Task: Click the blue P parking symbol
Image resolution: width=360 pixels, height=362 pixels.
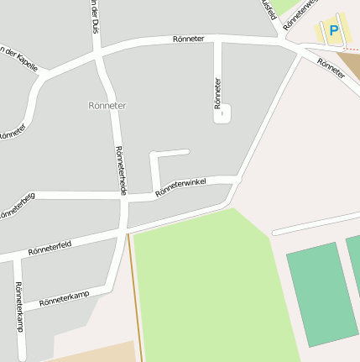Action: click(x=333, y=31)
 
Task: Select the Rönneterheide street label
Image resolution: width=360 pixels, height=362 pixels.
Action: click(x=120, y=171)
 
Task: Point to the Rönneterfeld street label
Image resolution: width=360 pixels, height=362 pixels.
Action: click(x=50, y=246)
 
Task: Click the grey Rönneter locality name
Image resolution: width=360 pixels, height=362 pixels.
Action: click(x=107, y=106)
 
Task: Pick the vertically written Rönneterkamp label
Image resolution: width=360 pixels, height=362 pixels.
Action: click(x=18, y=307)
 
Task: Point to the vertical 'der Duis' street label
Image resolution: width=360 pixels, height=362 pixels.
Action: click(x=94, y=15)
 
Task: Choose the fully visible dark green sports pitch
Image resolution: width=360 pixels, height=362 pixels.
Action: click(x=323, y=294)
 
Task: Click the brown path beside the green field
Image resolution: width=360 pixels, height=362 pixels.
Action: click(x=134, y=294)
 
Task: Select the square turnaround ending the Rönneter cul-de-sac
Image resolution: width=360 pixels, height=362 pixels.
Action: click(x=222, y=114)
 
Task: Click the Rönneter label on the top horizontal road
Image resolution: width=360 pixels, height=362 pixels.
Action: click(x=188, y=39)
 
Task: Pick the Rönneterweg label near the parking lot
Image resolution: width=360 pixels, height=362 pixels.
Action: click(x=300, y=15)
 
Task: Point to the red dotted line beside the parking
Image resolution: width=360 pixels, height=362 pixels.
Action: click(x=351, y=50)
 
